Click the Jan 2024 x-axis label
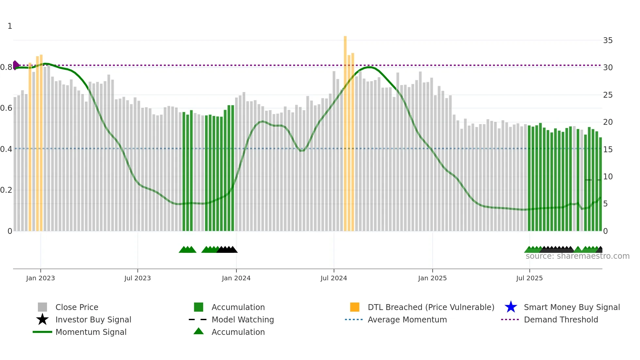pyautogui.click(x=236, y=278)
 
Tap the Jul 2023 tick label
pyautogui.click(x=137, y=278)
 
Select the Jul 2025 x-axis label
pyautogui.click(x=529, y=278)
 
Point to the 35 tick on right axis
pyautogui.click(x=608, y=41)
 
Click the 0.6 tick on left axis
pyautogui.click(x=6, y=108)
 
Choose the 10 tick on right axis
pyautogui.click(x=608, y=177)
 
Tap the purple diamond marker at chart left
pyautogui.click(x=16, y=65)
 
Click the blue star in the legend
pyautogui.click(x=511, y=307)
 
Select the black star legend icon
pyautogui.click(x=42, y=319)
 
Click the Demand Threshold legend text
pyautogui.click(x=561, y=319)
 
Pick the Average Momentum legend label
pyautogui.click(x=407, y=319)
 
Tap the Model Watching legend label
pyautogui.click(x=243, y=319)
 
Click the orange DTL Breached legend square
pyautogui.click(x=355, y=307)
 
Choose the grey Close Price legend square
pyautogui.click(x=42, y=307)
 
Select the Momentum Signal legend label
pyautogui.click(x=91, y=332)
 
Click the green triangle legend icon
pyautogui.click(x=199, y=331)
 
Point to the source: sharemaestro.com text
pyautogui.click(x=577, y=256)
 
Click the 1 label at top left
pyautogui.click(x=10, y=26)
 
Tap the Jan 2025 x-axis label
pyautogui.click(x=432, y=278)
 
